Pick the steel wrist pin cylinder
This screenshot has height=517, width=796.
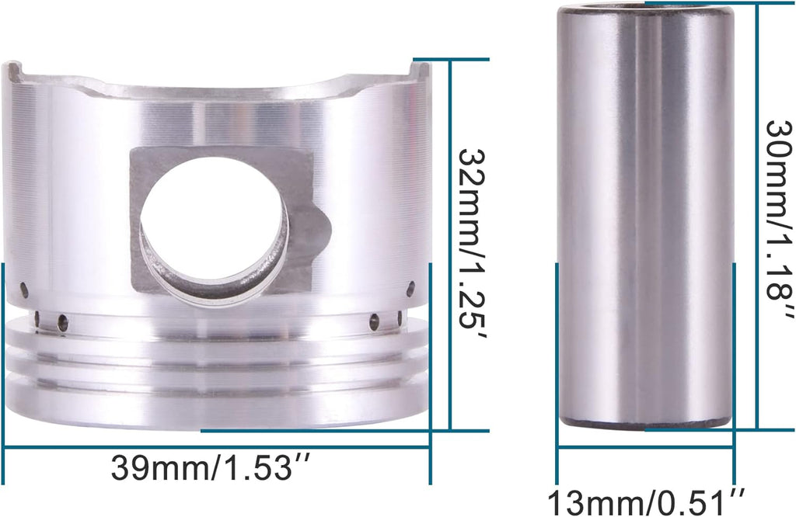645,217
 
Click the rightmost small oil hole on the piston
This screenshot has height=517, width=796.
410,288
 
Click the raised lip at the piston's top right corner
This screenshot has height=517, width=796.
421,71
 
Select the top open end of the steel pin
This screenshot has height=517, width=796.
645,9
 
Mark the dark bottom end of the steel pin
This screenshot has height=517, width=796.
645,424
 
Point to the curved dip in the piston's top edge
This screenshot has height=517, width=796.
218,92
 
